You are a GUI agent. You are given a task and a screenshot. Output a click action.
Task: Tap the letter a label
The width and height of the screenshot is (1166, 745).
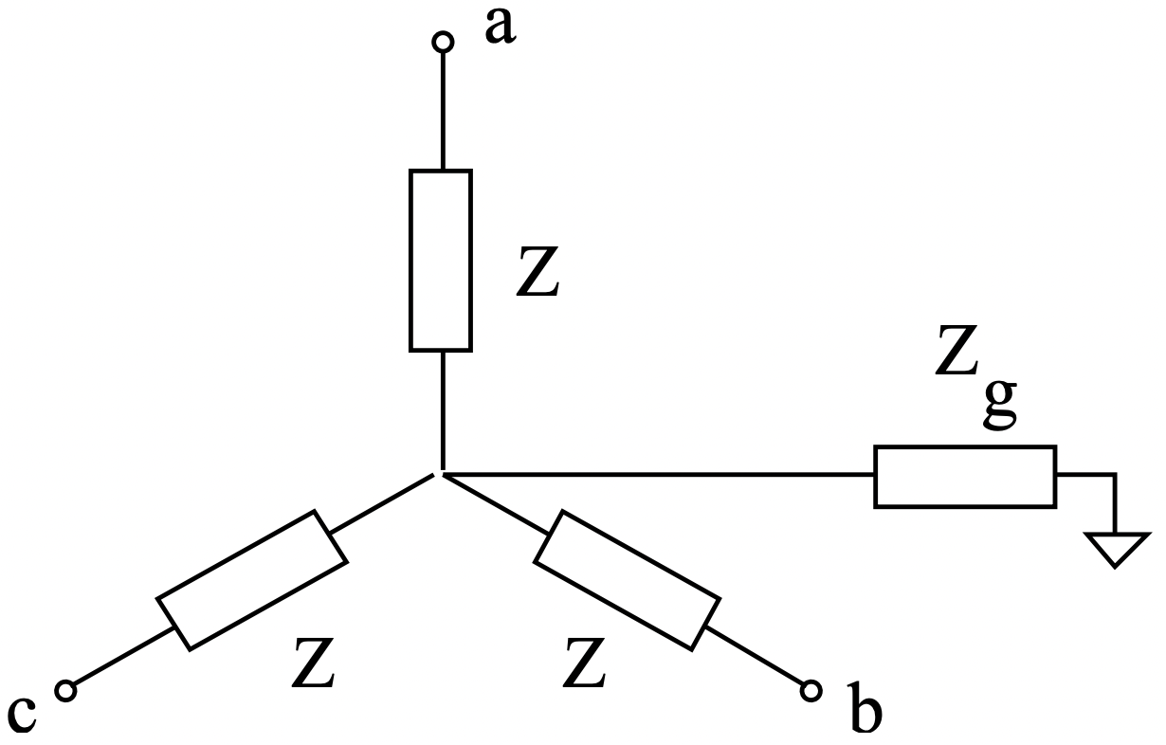pos(500,27)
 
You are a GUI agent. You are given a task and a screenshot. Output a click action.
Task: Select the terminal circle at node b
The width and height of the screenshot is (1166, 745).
pos(810,690)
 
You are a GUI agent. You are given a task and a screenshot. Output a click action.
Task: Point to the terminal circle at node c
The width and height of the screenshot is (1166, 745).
pos(65,691)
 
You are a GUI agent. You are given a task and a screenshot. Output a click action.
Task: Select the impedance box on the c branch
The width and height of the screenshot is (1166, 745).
pos(251,579)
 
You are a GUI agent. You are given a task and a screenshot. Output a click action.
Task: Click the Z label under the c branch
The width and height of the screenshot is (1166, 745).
pos(313,663)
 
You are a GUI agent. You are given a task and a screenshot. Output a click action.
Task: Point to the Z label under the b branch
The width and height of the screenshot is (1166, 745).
pos(584,663)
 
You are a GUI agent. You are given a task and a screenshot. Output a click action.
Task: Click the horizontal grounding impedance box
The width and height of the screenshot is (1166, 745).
pos(964,476)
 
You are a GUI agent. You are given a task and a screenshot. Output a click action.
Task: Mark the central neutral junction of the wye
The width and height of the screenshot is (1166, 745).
pos(441,472)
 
